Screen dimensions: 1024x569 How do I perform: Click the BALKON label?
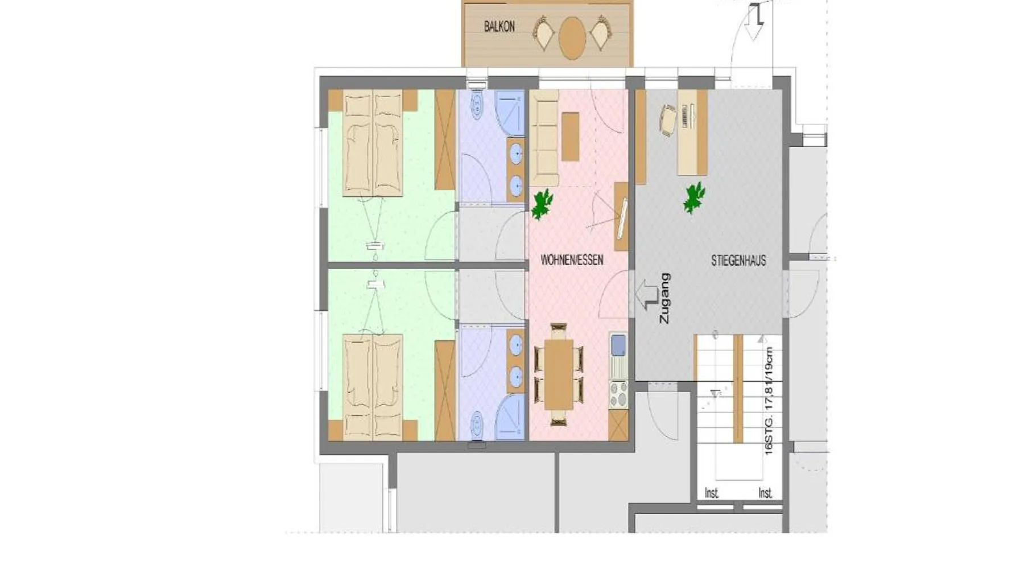(x=499, y=27)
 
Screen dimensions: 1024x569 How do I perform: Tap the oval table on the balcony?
(x=572, y=38)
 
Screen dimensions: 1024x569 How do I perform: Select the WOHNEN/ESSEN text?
(x=572, y=261)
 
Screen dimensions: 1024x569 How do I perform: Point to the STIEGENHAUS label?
(x=738, y=261)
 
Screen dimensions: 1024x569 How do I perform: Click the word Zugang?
(x=664, y=299)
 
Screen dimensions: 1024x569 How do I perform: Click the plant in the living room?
(x=542, y=204)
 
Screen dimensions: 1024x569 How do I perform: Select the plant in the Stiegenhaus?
(x=694, y=197)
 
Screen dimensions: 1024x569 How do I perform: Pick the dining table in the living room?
(x=559, y=374)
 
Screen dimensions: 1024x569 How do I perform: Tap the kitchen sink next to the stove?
(x=618, y=344)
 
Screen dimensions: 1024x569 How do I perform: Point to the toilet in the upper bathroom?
(x=477, y=104)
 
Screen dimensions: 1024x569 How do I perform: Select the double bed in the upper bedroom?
(x=373, y=142)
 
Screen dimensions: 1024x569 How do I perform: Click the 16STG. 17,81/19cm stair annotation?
(x=769, y=401)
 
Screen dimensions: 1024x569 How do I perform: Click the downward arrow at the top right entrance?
(x=754, y=22)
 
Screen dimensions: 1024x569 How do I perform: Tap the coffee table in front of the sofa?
(x=570, y=137)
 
